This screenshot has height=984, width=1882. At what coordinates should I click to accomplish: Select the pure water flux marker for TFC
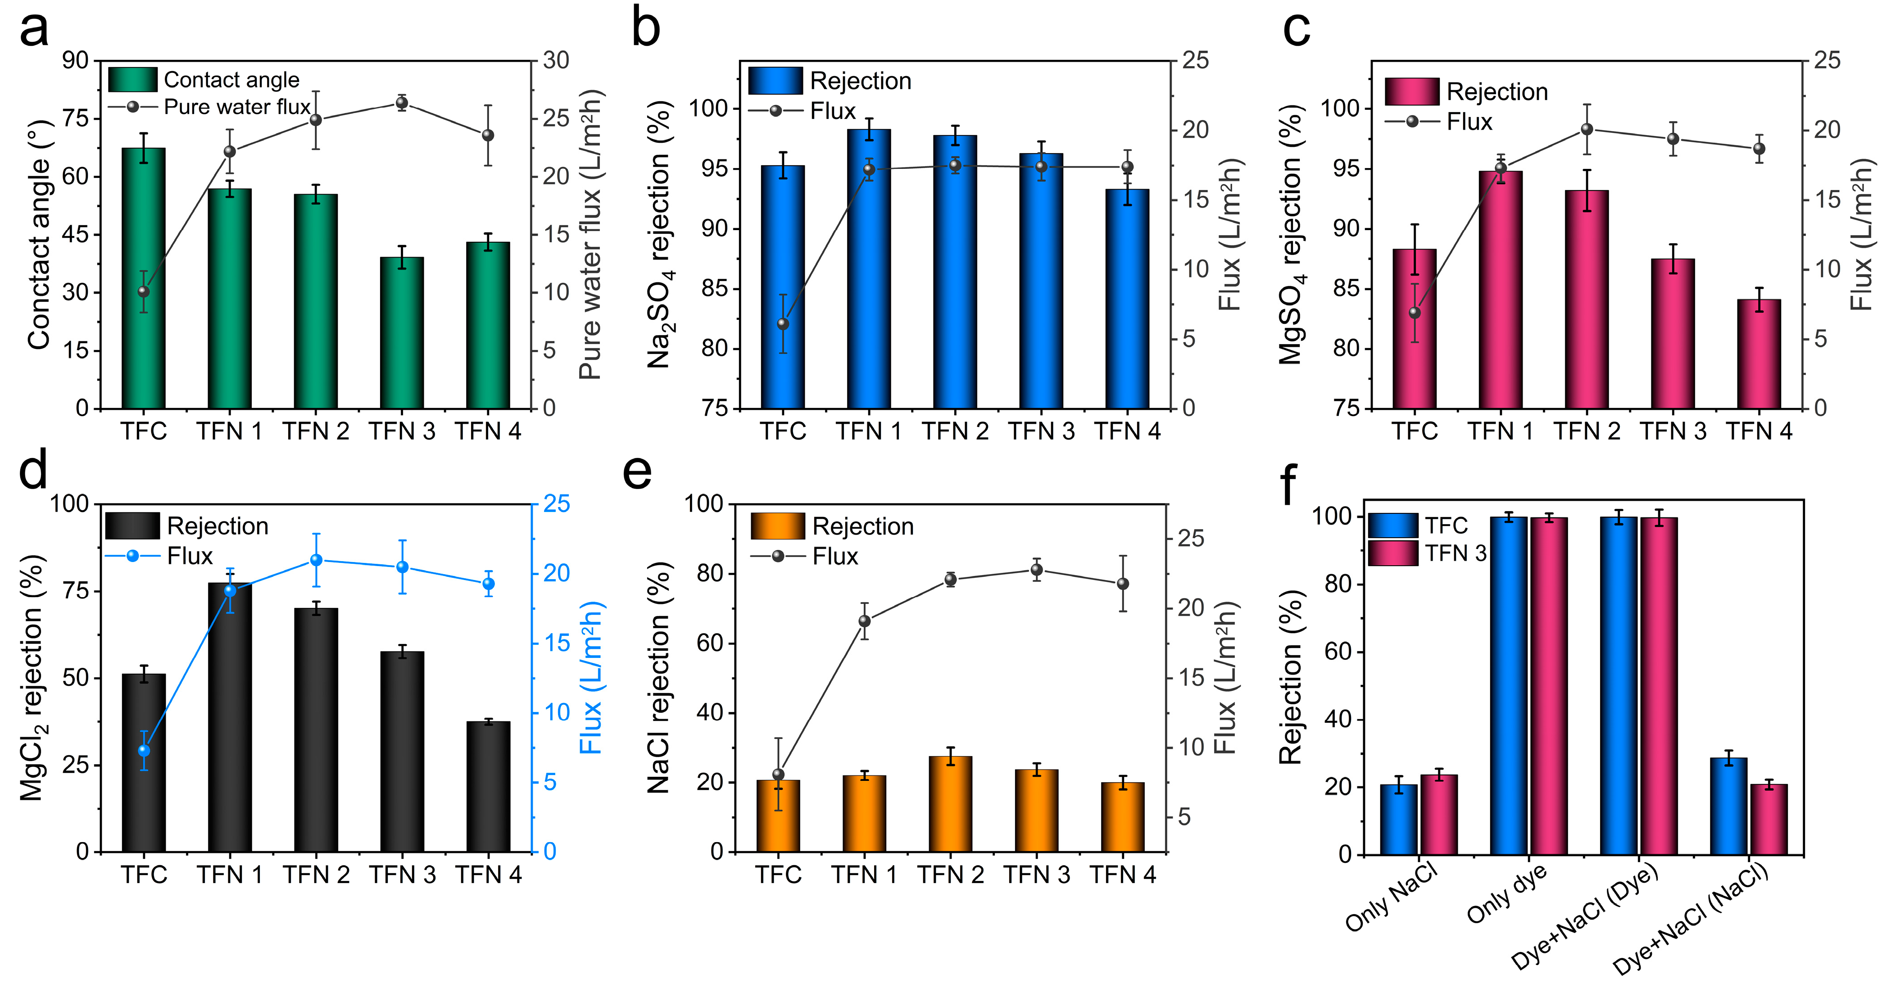click(x=143, y=291)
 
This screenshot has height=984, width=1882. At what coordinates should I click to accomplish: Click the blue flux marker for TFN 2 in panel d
click(x=316, y=560)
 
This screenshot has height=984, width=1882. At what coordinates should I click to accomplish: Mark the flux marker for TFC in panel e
click(x=778, y=774)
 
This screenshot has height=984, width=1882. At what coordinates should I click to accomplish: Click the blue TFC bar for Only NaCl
click(x=1398, y=820)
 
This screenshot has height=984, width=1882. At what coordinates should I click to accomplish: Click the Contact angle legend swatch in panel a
click(x=132, y=80)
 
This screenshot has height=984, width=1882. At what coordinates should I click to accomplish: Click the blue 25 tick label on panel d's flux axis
click(x=557, y=504)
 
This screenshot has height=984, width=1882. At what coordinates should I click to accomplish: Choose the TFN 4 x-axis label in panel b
click(x=1127, y=432)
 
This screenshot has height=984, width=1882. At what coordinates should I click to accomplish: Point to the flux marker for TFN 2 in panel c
click(x=1587, y=129)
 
